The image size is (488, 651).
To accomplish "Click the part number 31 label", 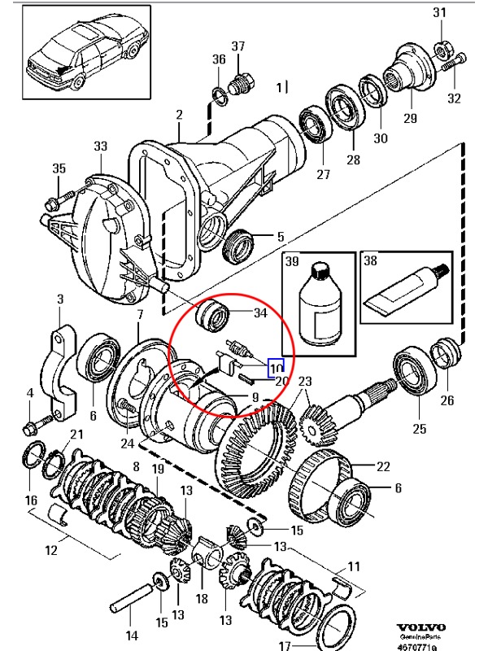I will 439,12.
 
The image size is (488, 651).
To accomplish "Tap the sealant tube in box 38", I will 403,291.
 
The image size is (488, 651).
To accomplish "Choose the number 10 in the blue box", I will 277,368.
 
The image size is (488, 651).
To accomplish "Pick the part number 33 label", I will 100,146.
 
